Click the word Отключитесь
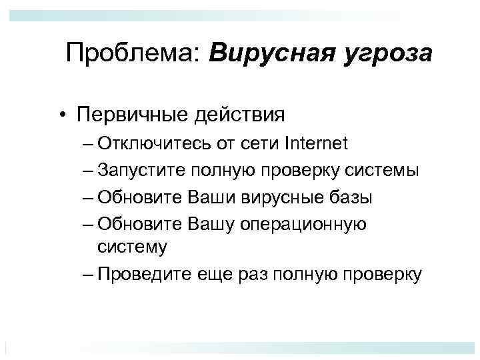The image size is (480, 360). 151,143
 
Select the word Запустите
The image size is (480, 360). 141,171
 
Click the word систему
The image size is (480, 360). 132,247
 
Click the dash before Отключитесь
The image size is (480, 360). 90,143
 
